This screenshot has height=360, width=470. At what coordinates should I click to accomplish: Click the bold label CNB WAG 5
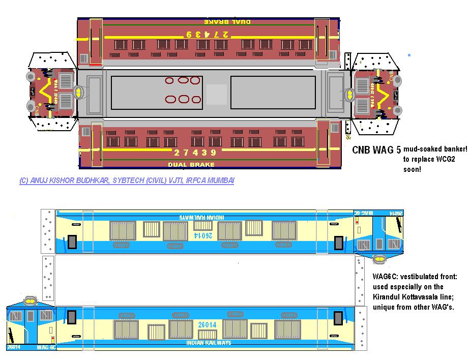coord(377,150)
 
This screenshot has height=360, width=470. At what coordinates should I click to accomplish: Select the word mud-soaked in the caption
coord(421,149)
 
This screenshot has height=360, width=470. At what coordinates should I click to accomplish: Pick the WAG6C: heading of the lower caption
coord(385,277)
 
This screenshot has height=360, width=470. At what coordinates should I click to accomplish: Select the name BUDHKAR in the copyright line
coord(89,181)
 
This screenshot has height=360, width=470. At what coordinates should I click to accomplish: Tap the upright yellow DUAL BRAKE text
coord(191,165)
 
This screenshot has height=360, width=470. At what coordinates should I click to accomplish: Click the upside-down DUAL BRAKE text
coord(227,22)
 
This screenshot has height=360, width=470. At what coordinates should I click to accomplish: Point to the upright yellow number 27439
coord(195,153)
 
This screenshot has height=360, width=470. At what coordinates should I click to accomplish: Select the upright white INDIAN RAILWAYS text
coord(209,343)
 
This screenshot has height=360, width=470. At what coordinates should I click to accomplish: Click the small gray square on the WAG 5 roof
coord(216,95)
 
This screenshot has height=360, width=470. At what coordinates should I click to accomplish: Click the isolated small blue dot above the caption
coord(409,55)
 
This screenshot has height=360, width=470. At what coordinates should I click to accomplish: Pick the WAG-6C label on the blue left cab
coord(46,347)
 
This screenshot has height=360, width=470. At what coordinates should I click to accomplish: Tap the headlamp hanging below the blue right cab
coord(379,259)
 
